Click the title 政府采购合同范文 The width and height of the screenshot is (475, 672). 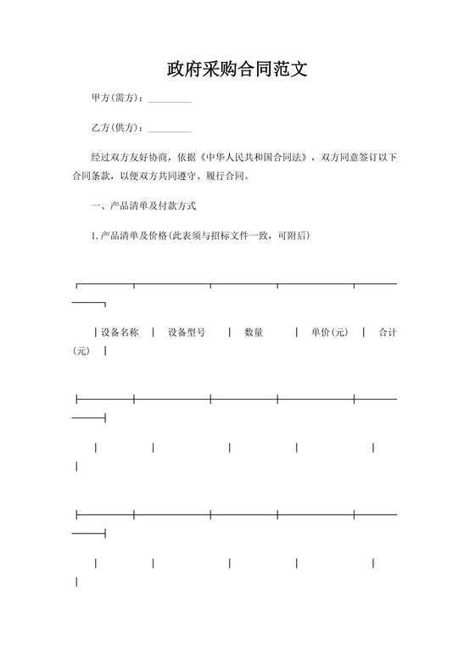(x=237, y=69)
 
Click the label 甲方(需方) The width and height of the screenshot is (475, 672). (x=116, y=98)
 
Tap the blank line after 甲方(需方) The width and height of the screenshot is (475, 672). (x=170, y=100)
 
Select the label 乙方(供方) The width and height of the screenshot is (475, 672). (x=116, y=128)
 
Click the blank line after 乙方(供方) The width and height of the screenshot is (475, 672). (x=170, y=130)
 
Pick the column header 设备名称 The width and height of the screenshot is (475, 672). (x=120, y=332)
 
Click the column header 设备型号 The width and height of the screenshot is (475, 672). (x=187, y=332)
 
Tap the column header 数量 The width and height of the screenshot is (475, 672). (x=254, y=332)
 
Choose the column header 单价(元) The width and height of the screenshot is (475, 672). (x=329, y=332)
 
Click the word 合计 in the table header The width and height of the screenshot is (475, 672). (x=388, y=332)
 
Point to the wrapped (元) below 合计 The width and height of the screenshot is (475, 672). (x=81, y=351)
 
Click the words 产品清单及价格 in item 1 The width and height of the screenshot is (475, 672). (x=133, y=235)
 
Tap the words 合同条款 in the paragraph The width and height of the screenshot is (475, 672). (x=92, y=178)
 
